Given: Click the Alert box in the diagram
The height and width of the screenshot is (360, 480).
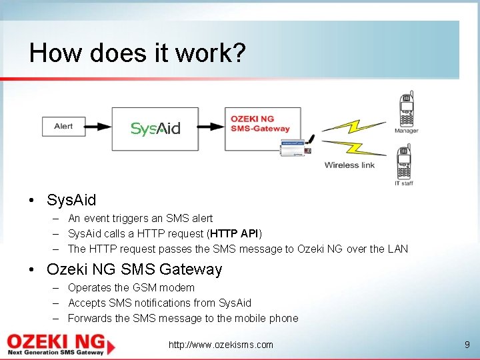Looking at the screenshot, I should click(63, 126).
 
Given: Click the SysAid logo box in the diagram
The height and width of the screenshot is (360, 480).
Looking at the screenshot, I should click(155, 128).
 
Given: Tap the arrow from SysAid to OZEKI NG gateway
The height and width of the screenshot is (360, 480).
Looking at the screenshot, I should click(212, 127).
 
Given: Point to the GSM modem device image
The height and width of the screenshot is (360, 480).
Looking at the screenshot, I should click(292, 149).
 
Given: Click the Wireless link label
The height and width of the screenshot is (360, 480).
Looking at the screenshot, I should click(349, 165).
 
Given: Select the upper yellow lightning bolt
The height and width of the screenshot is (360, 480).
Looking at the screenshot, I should click(354, 126).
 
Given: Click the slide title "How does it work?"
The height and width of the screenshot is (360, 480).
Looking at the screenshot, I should click(137, 53).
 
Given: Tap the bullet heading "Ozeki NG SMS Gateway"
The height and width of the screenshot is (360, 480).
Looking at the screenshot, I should click(134, 269).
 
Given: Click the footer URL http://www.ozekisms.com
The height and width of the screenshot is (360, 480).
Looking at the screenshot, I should click(221, 345).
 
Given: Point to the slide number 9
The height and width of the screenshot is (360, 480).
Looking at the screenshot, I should click(467, 345).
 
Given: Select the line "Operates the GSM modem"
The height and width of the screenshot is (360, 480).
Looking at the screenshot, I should click(131, 287).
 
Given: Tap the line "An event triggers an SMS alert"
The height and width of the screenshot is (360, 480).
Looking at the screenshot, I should click(140, 218).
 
